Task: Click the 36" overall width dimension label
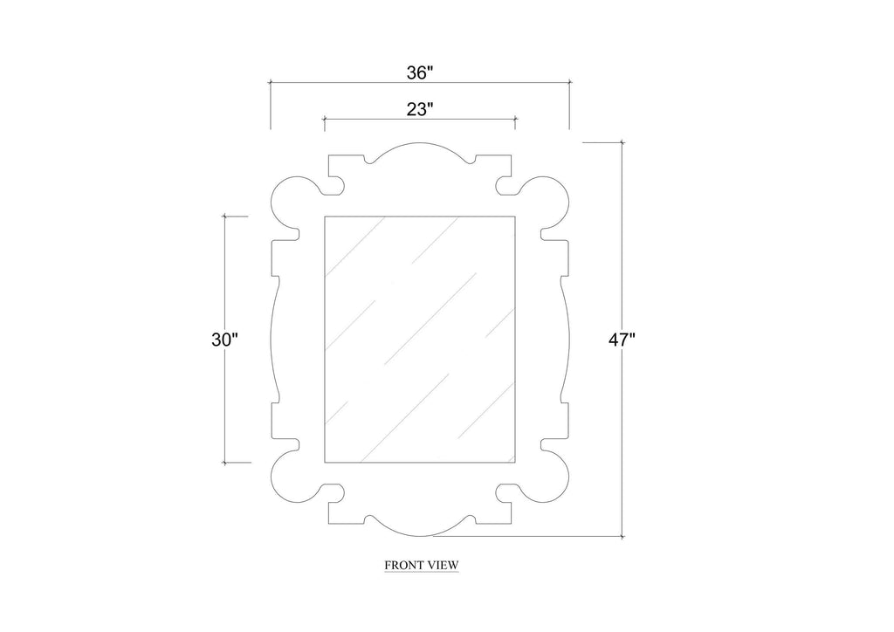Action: point(420,73)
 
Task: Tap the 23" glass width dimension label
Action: point(420,109)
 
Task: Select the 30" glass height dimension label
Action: point(224,340)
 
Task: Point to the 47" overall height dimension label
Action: point(622,340)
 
